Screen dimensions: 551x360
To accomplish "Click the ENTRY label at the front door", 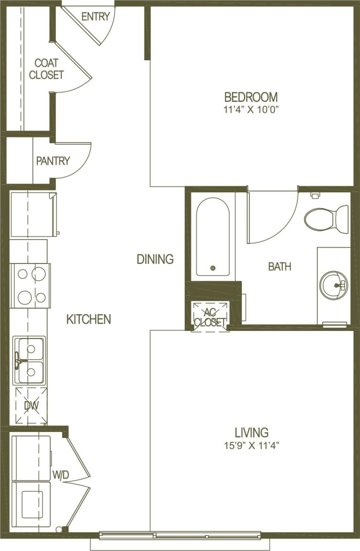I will pyautogui.click(x=95, y=17).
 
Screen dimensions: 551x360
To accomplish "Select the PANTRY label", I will pyautogui.click(x=53, y=161).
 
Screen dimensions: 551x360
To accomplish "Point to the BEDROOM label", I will pyautogui.click(x=251, y=97).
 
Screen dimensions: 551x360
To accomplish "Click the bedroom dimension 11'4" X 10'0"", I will pyautogui.click(x=251, y=110).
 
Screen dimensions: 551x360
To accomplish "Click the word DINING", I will pyautogui.click(x=155, y=259).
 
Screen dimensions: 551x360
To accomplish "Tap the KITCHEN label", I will pyautogui.click(x=89, y=319).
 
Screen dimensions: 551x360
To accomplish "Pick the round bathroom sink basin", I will pyautogui.click(x=333, y=285).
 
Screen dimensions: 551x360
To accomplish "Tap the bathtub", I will pyautogui.click(x=213, y=238).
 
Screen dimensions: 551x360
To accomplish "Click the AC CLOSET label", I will pyautogui.click(x=210, y=317).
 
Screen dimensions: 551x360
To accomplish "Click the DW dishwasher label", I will pyautogui.click(x=31, y=406).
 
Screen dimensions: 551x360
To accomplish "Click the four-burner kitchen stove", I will pyautogui.click(x=31, y=286).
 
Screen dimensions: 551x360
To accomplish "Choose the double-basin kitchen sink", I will pyautogui.click(x=30, y=360).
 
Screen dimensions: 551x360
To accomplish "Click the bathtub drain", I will pyautogui.click(x=213, y=269).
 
